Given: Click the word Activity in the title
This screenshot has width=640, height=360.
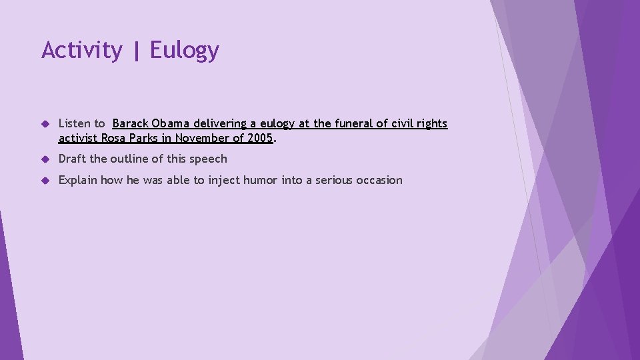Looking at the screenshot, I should pos(81,51).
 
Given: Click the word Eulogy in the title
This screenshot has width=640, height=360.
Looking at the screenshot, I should pos(184,51).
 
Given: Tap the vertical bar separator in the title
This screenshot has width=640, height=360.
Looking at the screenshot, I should pos(136,51).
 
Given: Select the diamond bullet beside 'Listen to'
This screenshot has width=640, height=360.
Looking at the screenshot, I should pos(46,124).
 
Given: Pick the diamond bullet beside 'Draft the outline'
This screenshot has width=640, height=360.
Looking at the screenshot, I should pos(46,159).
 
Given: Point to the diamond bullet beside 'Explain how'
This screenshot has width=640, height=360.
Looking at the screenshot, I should pos(46,181).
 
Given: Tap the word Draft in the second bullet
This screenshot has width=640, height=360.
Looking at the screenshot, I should pos(72,159).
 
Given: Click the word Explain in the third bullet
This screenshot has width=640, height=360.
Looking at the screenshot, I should pos(78,180).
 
